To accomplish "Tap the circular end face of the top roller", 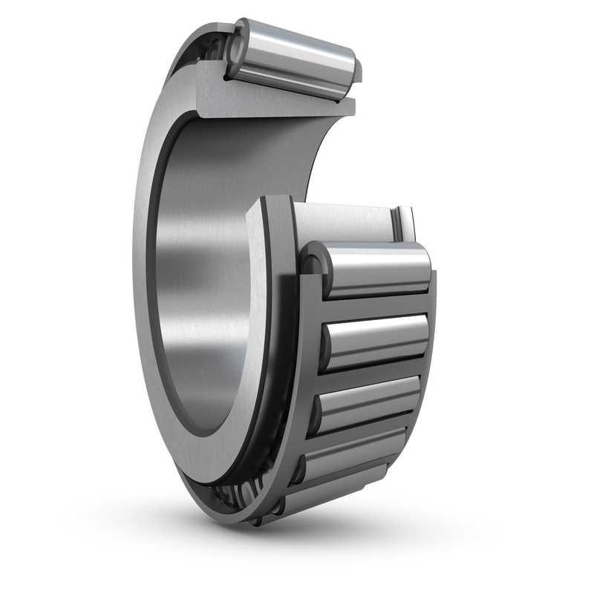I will point(235,49).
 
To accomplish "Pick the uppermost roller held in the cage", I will point(371,271).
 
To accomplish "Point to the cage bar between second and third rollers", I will point(371,369).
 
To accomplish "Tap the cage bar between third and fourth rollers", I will point(364,429).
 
